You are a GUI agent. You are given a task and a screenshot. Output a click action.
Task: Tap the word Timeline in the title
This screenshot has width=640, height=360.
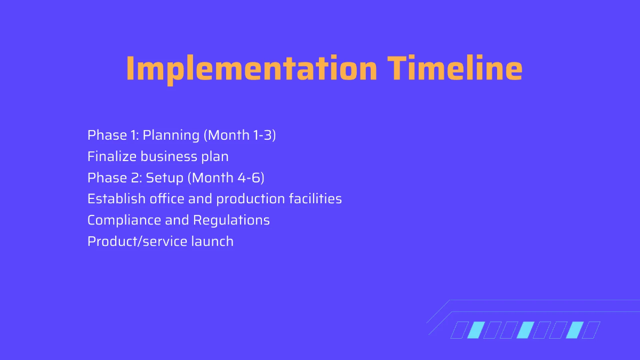(454, 68)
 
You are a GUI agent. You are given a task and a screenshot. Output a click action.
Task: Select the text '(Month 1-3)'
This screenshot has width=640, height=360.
(239, 135)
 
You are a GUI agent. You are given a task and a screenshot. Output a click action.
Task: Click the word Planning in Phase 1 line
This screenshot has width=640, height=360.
(171, 135)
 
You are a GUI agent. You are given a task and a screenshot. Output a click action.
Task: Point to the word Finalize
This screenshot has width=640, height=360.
(111, 156)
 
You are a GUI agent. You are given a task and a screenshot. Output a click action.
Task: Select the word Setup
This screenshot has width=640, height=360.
(164, 178)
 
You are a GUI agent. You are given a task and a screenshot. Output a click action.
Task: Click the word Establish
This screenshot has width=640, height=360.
(116, 199)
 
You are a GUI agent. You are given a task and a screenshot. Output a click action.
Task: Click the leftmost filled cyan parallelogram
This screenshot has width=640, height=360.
(475, 330)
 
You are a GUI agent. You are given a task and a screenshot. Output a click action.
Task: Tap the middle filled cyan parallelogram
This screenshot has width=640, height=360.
(525, 330)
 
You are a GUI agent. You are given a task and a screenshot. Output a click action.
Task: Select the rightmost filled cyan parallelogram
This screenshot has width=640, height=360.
(574, 330)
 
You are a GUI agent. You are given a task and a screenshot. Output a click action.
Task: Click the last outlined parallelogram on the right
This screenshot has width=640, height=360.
(591, 330)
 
